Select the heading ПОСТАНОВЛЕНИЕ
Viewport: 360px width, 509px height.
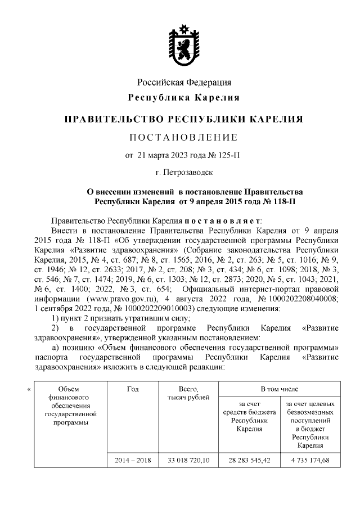[x=184, y=137]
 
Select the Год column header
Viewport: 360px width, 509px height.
[x=133, y=389]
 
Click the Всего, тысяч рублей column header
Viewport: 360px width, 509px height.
[x=188, y=393]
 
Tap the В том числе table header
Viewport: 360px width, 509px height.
[x=279, y=389]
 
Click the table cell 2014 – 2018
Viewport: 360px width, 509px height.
[x=133, y=460]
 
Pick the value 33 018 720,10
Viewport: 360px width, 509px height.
[x=188, y=460]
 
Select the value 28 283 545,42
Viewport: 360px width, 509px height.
[x=248, y=460]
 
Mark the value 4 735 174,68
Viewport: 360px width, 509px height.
[x=309, y=460]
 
